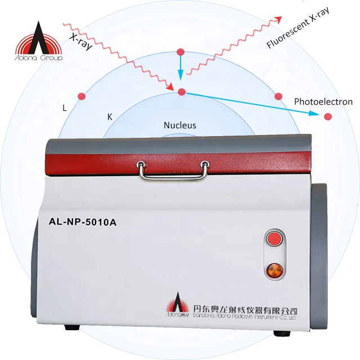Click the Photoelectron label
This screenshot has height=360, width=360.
323,102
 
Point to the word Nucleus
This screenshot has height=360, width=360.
180,125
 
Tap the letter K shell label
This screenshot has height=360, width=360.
110,117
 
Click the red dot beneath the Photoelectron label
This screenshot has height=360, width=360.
328,116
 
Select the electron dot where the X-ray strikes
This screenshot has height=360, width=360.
181,92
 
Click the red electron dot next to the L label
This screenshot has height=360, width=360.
82,96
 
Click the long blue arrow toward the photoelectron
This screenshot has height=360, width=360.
253,104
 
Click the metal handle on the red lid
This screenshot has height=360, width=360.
172,170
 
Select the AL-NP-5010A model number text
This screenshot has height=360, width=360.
79,220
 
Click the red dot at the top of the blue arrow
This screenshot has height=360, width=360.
181,52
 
